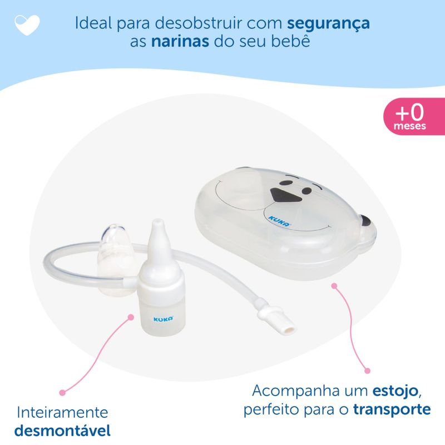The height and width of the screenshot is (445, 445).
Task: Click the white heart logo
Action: pyautogui.click(x=27, y=24)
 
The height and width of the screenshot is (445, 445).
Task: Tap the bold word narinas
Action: pyautogui.click(x=180, y=41)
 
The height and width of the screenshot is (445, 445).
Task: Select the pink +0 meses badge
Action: pyautogui.click(x=414, y=116)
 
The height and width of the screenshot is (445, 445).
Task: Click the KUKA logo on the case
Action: pyautogui.click(x=280, y=221)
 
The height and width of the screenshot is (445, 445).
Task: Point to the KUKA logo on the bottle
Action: pyautogui.click(x=163, y=319)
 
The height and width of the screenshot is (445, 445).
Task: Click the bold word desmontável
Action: pyautogui.click(x=62, y=431)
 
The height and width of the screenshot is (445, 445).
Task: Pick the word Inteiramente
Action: pyautogui.click(x=62, y=412)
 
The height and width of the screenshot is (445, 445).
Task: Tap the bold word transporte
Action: pyautogui.click(x=392, y=409)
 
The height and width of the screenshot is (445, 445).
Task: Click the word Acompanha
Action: pyautogui.click(x=296, y=392)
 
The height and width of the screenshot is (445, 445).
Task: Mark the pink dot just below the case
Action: pyautogui.click(x=335, y=286)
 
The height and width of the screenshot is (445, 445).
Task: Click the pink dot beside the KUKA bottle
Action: pyautogui.click(x=131, y=317)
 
